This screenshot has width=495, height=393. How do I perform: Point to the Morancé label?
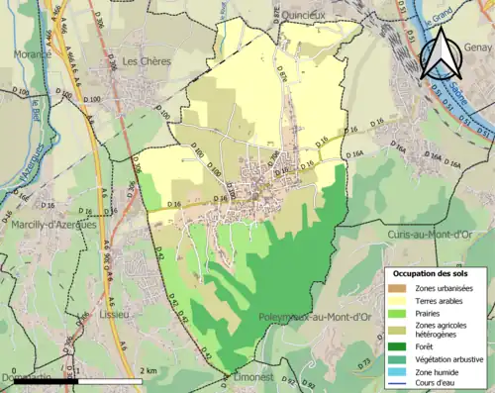(x=32, y=55)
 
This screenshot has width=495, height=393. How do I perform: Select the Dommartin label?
(x=25, y=377)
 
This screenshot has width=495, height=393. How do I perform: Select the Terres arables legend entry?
(x=439, y=300)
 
